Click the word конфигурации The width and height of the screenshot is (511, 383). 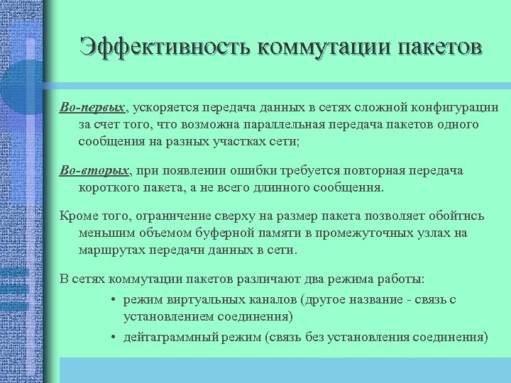(x=456, y=107)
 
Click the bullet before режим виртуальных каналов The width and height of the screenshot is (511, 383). (x=114, y=300)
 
